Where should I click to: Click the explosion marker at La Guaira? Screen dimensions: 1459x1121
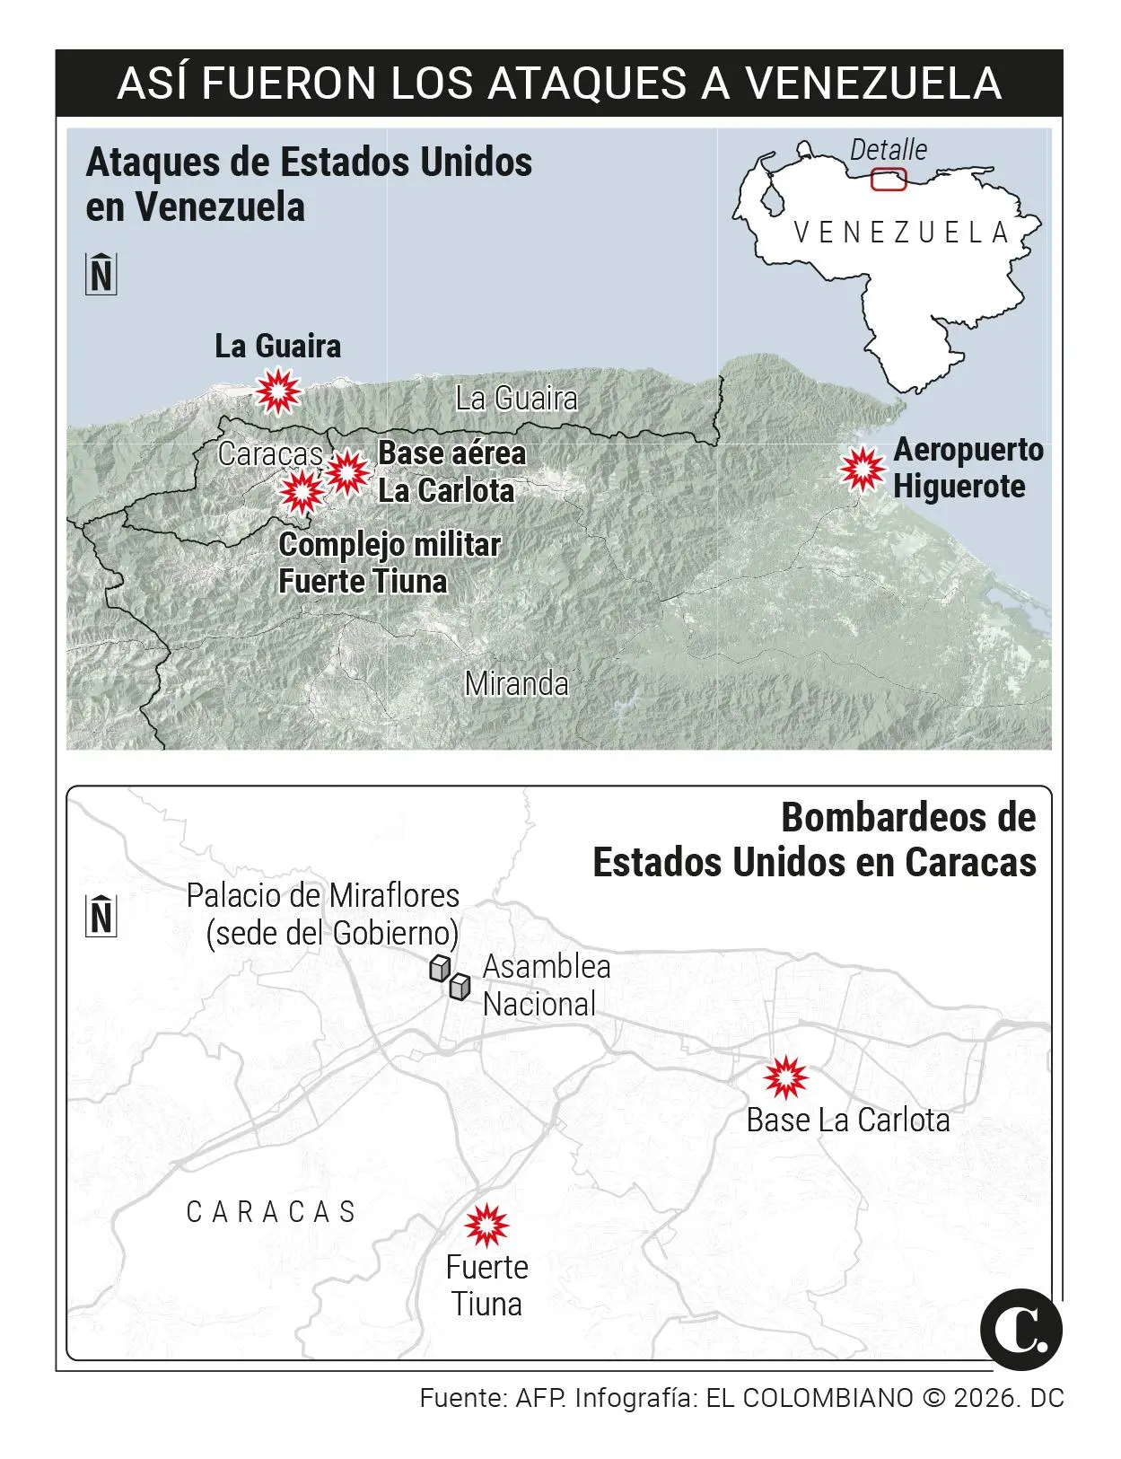pyautogui.click(x=277, y=391)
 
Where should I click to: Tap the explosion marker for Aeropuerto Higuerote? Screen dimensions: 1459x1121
pyautogui.click(x=863, y=469)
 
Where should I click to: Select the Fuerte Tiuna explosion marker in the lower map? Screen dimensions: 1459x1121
pyautogui.click(x=486, y=1226)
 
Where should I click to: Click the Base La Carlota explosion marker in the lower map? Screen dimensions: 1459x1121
pyautogui.click(x=785, y=1078)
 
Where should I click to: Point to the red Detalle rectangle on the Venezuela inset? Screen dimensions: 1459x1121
pyautogui.click(x=889, y=180)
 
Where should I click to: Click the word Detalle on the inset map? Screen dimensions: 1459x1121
pyautogui.click(x=888, y=150)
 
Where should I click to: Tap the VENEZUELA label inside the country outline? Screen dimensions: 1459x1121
pyautogui.click(x=901, y=233)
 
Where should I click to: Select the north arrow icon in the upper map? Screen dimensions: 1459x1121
pyautogui.click(x=101, y=274)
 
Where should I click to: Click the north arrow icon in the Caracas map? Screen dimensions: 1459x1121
pyautogui.click(x=101, y=917)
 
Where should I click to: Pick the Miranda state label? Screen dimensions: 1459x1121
pyautogui.click(x=516, y=684)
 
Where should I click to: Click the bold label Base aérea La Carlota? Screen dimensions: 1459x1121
pyautogui.click(x=451, y=472)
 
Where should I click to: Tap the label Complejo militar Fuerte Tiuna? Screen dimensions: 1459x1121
pyautogui.click(x=389, y=563)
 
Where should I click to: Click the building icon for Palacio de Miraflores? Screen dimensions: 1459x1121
pyautogui.click(x=439, y=968)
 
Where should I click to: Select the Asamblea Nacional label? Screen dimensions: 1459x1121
pyautogui.click(x=546, y=985)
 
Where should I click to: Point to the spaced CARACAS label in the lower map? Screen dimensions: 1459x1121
pyautogui.click(x=271, y=1212)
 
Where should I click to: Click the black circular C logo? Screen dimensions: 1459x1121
pyautogui.click(x=1020, y=1329)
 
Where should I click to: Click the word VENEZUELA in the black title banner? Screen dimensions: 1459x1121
pyautogui.click(x=873, y=83)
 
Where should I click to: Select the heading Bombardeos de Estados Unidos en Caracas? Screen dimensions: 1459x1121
pyautogui.click(x=814, y=839)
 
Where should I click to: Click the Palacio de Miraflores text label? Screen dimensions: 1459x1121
pyautogui.click(x=323, y=914)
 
